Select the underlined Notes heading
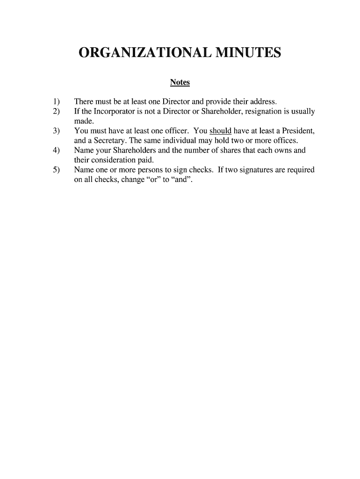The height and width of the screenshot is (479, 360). point(180,82)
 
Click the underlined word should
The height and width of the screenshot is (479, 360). point(221,131)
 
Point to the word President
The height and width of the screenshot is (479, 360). point(292,131)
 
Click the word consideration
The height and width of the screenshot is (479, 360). point(114,160)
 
